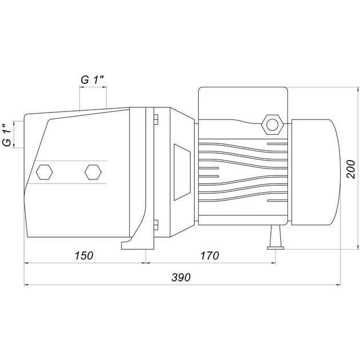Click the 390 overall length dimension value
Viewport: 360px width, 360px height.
pyautogui.click(x=181, y=277)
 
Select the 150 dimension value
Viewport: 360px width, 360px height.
pyautogui.click(x=84, y=255)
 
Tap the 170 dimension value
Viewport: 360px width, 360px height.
pyautogui.click(x=210, y=255)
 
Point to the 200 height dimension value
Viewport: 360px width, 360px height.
pyautogui.click(x=351, y=169)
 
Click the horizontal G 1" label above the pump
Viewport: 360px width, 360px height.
pyautogui.click(x=93, y=80)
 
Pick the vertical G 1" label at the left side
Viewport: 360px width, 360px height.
pyautogui.click(x=7, y=134)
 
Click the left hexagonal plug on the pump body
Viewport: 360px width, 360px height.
pyautogui.click(x=45, y=172)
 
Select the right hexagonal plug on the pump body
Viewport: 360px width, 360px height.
pyautogui.click(x=93, y=172)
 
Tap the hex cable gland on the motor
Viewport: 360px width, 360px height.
pyautogui.click(x=273, y=125)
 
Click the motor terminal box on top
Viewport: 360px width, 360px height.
pyautogui.click(x=243, y=103)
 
